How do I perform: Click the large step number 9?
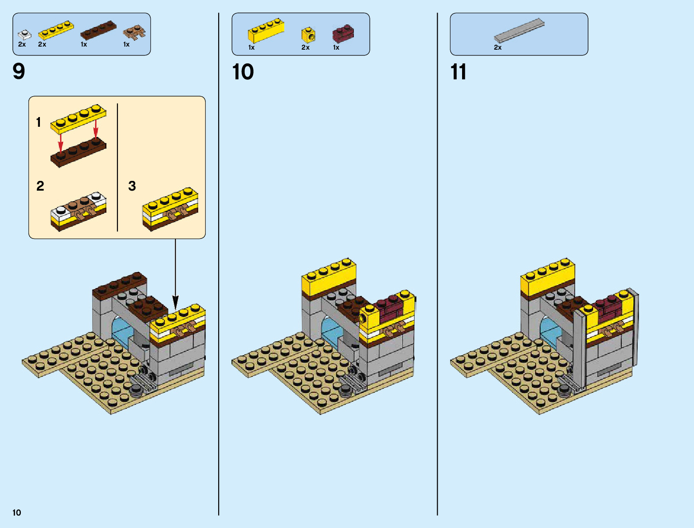19,71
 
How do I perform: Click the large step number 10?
243,72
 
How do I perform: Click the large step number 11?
459,72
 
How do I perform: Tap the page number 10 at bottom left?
17,512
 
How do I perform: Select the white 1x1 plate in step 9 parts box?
24,34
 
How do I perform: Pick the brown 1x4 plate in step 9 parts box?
98,31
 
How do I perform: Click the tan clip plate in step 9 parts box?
134,33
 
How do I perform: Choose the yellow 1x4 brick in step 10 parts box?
266,31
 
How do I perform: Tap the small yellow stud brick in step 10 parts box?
308,35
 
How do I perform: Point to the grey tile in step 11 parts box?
519,31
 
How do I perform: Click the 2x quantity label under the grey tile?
498,47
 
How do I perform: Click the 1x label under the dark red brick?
336,47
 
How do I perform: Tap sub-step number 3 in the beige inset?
132,186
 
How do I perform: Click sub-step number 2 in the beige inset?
40,186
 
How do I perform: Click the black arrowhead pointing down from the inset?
175,303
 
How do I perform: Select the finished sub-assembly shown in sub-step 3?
170,209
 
